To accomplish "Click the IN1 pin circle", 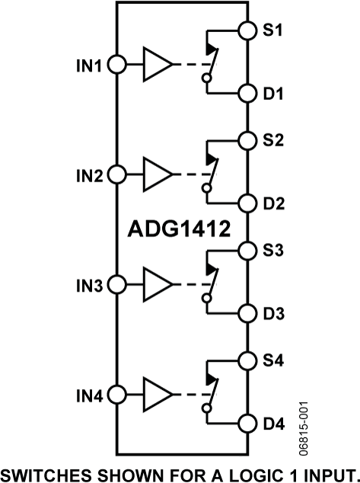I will coord(116,65).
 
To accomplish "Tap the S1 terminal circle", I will coord(247,30).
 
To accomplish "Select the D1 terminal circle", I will coord(247,94).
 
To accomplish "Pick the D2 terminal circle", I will coord(247,203).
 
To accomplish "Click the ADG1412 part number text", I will coord(178,229).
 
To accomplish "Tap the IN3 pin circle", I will coord(116,285).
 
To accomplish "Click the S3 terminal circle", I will coord(247,251).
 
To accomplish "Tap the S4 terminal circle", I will coord(247,360).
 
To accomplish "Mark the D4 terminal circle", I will coord(247,424).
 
